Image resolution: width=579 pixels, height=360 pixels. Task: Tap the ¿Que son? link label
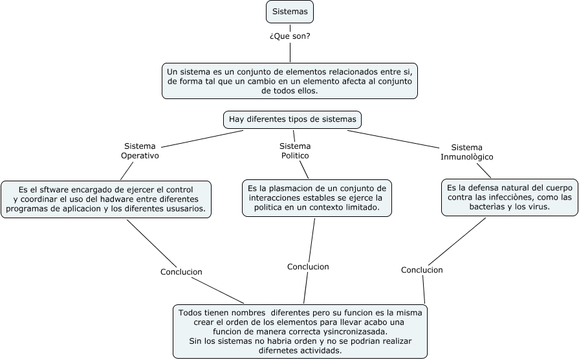click(x=290, y=36)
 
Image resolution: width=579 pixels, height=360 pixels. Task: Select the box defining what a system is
click(x=290, y=80)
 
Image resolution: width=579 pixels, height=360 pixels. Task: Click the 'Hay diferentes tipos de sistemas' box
click(x=292, y=120)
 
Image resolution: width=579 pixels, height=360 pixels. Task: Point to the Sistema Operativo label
click(x=140, y=151)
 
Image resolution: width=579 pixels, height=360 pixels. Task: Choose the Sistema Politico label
click(x=295, y=151)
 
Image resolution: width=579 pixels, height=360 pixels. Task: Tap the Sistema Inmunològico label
click(x=467, y=152)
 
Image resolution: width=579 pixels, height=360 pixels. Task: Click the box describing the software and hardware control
click(x=106, y=199)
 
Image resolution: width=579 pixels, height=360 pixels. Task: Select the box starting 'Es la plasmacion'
click(x=317, y=197)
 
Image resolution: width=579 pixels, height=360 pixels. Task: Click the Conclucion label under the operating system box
click(x=181, y=272)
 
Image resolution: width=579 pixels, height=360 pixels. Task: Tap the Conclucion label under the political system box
click(x=308, y=267)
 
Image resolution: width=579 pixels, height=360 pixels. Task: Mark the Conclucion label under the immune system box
click(x=422, y=270)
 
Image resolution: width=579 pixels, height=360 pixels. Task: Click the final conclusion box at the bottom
click(x=300, y=331)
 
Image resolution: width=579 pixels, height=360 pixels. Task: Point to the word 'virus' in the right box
click(x=538, y=207)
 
